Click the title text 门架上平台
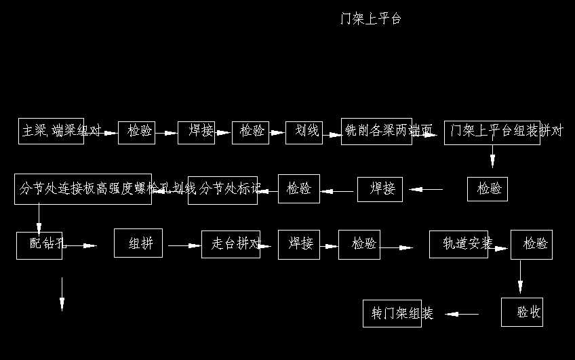(x=371, y=19)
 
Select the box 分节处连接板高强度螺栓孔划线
(x=83, y=189)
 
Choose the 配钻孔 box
(x=39, y=245)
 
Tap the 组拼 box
(x=138, y=243)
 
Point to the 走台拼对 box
(x=231, y=244)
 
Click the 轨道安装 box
(x=458, y=244)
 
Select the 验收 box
(x=522, y=312)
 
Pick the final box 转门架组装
(x=392, y=313)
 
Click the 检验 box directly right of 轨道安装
(x=532, y=245)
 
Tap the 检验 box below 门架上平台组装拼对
(x=488, y=189)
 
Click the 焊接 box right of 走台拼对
(x=299, y=244)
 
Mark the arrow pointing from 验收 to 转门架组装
(x=462, y=314)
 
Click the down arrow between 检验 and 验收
(x=521, y=277)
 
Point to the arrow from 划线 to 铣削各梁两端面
(x=332, y=134)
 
